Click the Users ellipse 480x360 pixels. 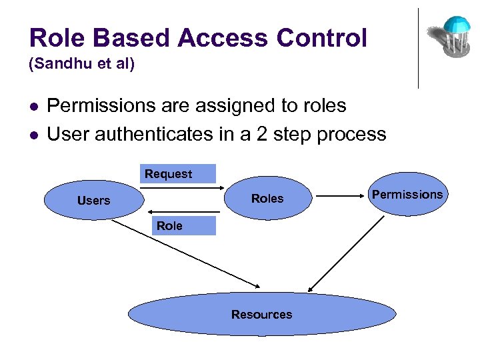(93, 200)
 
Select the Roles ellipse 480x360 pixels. (267, 198)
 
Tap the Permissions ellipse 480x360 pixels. (407, 194)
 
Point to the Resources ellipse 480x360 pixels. (261, 314)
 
